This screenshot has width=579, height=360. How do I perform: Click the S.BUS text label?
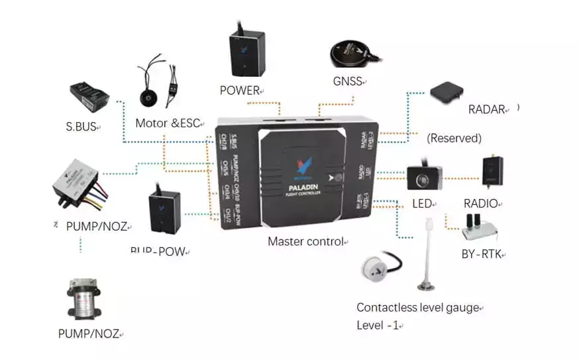(x=81, y=127)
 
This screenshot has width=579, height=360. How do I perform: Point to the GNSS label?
(x=348, y=82)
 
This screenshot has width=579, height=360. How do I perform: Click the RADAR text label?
(x=487, y=109)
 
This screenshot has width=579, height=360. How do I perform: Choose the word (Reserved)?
(x=454, y=139)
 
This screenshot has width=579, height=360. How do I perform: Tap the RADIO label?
(x=480, y=204)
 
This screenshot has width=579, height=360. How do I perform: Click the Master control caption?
(x=305, y=241)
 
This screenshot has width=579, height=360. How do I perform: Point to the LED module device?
(x=421, y=176)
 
